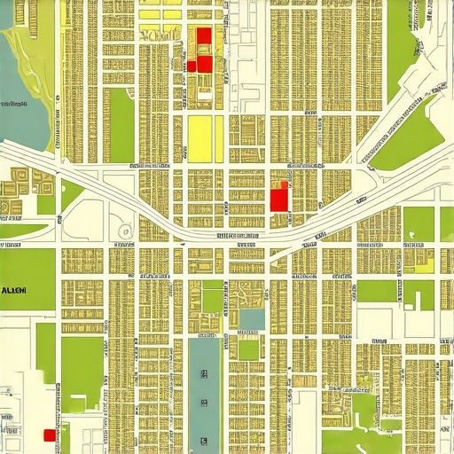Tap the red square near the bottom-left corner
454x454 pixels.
point(48,434)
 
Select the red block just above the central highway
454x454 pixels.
point(278,198)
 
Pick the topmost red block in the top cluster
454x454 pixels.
point(204,35)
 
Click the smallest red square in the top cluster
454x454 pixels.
point(192,66)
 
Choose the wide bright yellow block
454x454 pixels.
point(200,139)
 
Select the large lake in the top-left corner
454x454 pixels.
point(18,80)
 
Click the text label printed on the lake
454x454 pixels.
point(12,104)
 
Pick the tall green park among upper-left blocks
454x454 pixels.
point(121,124)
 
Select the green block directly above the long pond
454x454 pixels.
point(212,297)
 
